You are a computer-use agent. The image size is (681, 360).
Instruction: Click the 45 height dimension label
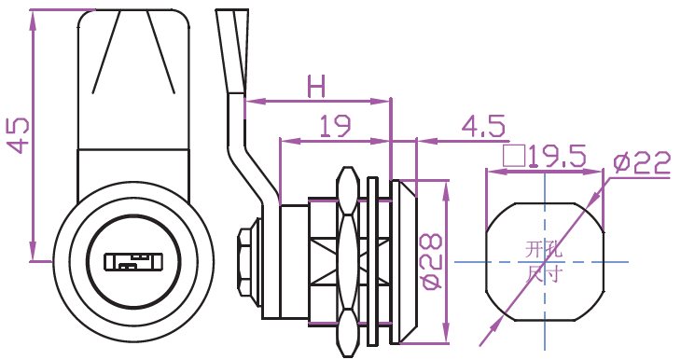(x=20, y=135)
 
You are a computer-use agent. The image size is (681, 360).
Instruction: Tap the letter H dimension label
(x=315, y=86)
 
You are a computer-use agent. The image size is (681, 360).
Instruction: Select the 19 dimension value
(x=335, y=126)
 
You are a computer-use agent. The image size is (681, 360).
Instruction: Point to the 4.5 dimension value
(x=483, y=126)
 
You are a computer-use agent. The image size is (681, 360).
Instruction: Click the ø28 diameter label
(x=432, y=261)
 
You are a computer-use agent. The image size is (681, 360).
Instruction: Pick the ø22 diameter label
(x=642, y=163)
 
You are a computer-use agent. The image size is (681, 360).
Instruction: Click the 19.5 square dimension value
(x=557, y=157)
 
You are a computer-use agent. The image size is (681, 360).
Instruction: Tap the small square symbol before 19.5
(x=514, y=157)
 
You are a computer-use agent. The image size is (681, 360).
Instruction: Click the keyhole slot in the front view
(x=132, y=262)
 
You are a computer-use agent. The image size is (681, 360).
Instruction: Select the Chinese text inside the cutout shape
(x=544, y=262)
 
